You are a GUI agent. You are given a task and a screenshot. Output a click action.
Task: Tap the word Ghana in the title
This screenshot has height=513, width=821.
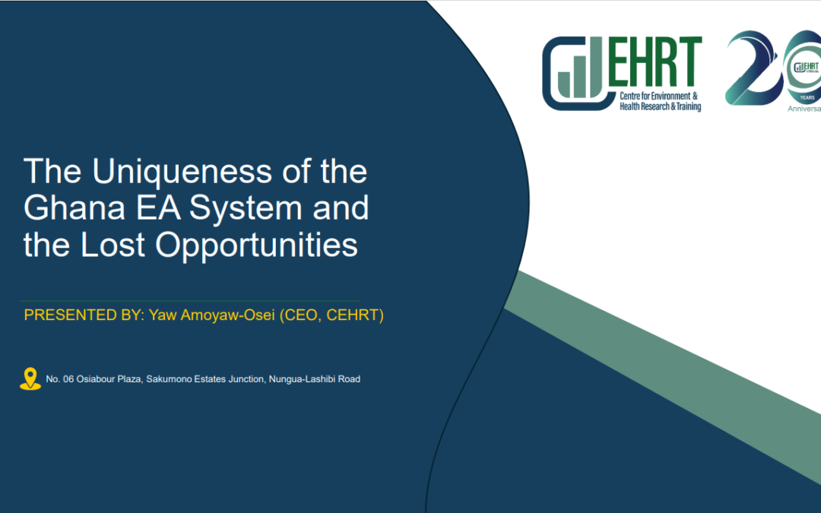pyautogui.click(x=74, y=207)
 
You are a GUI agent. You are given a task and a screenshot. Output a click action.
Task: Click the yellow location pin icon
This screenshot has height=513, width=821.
pyautogui.click(x=30, y=378)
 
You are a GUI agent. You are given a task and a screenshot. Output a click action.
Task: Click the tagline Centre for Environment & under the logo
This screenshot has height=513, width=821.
pyautogui.click(x=658, y=97)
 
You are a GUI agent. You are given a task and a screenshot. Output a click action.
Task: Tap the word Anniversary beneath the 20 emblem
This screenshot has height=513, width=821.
pyautogui.click(x=804, y=109)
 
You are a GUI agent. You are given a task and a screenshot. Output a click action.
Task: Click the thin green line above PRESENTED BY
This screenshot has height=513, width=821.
pyautogui.click(x=189, y=301)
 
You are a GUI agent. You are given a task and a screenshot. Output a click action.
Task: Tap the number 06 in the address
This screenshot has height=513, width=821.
pyautogui.click(x=68, y=379)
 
